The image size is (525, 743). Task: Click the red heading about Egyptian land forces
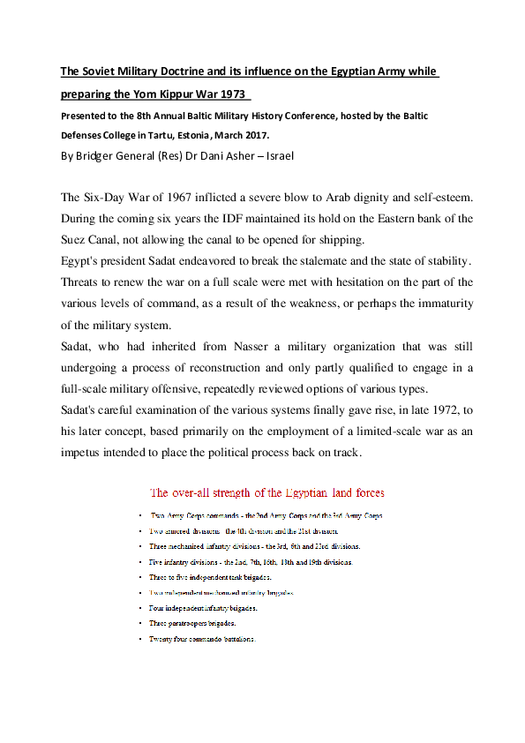click(x=267, y=492)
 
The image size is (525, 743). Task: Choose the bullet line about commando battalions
click(x=202, y=639)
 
